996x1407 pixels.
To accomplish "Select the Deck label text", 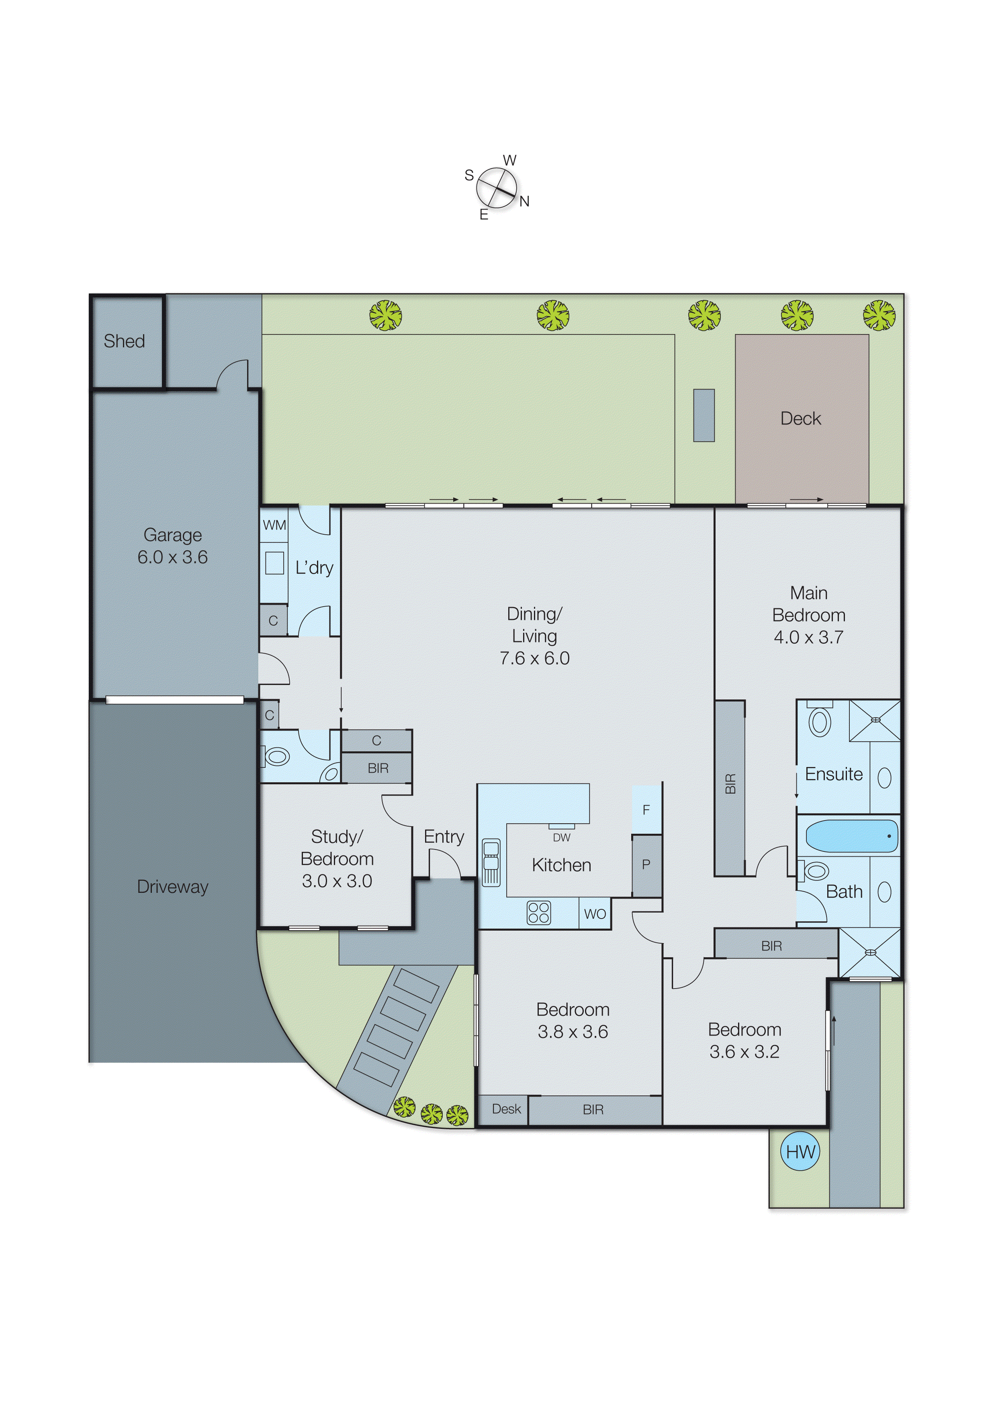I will click(x=800, y=418).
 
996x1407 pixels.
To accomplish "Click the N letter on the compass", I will click(x=524, y=201).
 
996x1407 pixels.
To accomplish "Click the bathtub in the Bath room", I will click(x=851, y=836).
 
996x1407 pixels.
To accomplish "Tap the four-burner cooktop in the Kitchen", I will click(x=538, y=913).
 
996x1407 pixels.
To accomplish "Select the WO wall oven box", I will click(x=594, y=914).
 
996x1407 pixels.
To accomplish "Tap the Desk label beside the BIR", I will click(x=506, y=1109).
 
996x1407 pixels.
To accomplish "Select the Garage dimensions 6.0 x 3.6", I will click(x=172, y=557).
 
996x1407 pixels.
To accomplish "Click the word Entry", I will click(x=444, y=836).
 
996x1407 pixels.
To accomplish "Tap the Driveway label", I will click(x=172, y=887).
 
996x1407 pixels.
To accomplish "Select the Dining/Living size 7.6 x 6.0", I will click(x=534, y=658).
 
